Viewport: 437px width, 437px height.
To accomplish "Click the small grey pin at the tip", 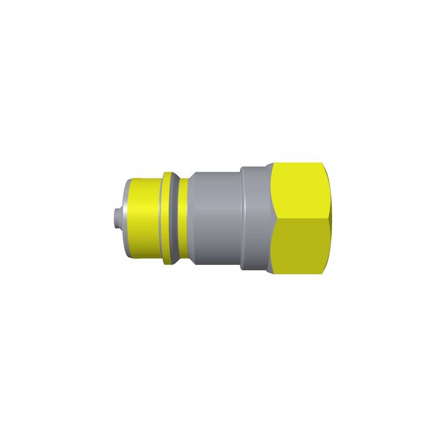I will [114, 219].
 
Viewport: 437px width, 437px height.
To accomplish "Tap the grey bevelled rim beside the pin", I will [124, 219].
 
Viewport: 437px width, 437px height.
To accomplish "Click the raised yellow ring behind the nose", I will [168, 219].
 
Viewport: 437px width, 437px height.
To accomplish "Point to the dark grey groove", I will [177, 219].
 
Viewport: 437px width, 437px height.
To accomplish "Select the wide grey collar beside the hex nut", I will [256, 219].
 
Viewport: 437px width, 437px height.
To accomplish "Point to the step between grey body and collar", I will [242, 219].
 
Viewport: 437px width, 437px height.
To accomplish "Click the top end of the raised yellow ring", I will [168, 172].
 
